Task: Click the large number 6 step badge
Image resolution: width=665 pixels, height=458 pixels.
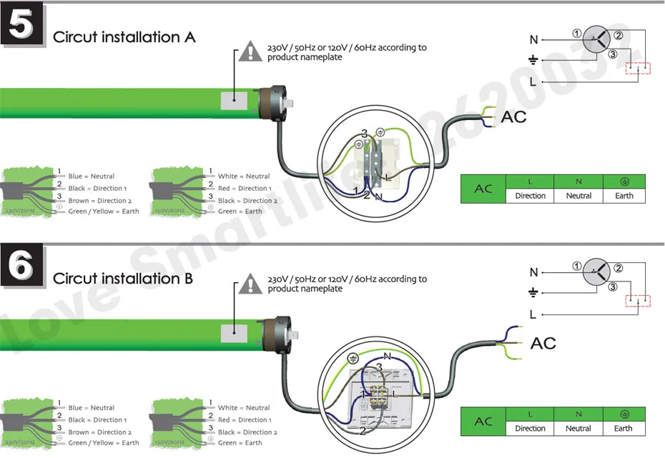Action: tap(23, 267)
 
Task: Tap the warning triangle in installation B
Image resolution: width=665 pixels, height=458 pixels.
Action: tap(250, 284)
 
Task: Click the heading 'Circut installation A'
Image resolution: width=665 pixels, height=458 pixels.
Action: tap(124, 37)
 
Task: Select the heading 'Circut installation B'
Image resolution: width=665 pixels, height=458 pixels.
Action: tap(123, 278)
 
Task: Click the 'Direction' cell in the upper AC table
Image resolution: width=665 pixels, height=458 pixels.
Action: tap(530, 196)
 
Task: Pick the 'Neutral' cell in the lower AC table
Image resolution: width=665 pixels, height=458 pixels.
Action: tap(578, 429)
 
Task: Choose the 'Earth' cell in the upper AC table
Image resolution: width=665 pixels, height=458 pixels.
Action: tap(624, 196)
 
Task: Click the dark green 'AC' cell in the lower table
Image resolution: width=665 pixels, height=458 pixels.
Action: tap(483, 421)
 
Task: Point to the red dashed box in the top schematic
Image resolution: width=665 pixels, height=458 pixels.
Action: tap(639, 69)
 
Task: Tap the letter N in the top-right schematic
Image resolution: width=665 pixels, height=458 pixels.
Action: tap(533, 40)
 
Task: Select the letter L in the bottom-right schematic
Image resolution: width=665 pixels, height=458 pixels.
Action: tap(533, 314)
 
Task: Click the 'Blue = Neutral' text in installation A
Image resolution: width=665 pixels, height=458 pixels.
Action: tap(92, 176)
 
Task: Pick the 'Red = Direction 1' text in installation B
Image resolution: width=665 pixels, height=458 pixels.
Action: tap(245, 420)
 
